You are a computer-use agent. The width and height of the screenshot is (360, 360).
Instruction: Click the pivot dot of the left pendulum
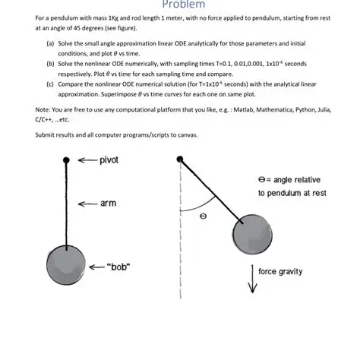click(x=67, y=160)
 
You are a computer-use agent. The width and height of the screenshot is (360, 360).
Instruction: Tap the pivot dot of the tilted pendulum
click(x=180, y=159)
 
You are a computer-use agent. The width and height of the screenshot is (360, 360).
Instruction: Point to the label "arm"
click(x=108, y=204)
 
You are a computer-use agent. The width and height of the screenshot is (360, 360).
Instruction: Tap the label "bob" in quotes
click(x=120, y=267)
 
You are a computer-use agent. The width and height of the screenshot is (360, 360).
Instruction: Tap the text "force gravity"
click(x=283, y=271)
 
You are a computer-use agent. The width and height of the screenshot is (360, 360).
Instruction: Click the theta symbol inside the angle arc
click(x=203, y=216)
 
